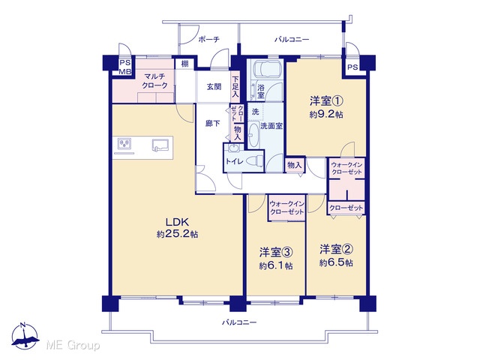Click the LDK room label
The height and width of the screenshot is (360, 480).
[x=177, y=222]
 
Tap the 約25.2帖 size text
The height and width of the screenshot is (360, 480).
[x=177, y=235]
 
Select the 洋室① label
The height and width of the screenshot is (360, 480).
[x=326, y=100]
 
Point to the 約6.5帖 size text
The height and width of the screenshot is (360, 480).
[x=336, y=262]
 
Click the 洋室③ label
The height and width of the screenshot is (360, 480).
[x=276, y=252]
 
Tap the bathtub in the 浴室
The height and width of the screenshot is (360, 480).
[x=265, y=70]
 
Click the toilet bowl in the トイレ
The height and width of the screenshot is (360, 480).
[x=255, y=160]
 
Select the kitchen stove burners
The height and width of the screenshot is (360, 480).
[x=124, y=143]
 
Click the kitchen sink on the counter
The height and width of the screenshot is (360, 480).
[x=160, y=145]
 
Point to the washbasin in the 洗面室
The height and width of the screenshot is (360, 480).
[x=253, y=135]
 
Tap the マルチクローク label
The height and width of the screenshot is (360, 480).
[x=155, y=81]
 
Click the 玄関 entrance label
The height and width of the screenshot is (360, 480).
[x=214, y=87]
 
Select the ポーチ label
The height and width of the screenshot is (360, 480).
[x=208, y=39]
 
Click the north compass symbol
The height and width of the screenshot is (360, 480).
[x=25, y=336]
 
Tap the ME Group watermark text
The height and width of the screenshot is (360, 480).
[x=73, y=345]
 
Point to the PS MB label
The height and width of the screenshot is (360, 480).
[x=125, y=67]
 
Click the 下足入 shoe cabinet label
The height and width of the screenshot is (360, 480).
[x=235, y=87]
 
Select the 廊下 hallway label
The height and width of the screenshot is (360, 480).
[x=213, y=123]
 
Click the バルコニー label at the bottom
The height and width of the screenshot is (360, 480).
[x=239, y=322]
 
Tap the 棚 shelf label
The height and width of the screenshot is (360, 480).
[x=184, y=64]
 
